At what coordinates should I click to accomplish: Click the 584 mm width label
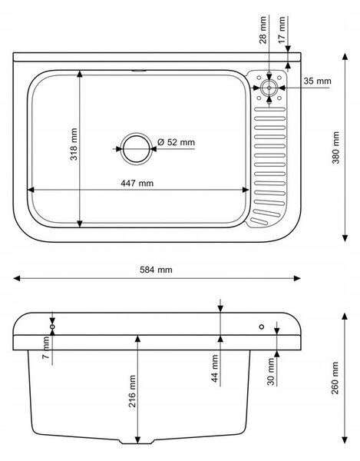click(156, 270)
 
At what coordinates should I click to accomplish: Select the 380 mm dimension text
click(335, 148)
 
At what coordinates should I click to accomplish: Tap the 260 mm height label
click(335, 378)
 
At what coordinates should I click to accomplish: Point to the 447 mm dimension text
click(137, 183)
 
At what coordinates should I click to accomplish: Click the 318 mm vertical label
click(74, 144)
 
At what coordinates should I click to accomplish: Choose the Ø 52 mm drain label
click(176, 142)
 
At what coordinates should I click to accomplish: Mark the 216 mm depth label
click(132, 391)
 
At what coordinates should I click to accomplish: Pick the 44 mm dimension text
click(215, 368)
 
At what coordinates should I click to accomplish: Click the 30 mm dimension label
click(271, 371)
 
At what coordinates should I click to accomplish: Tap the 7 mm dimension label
click(46, 348)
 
